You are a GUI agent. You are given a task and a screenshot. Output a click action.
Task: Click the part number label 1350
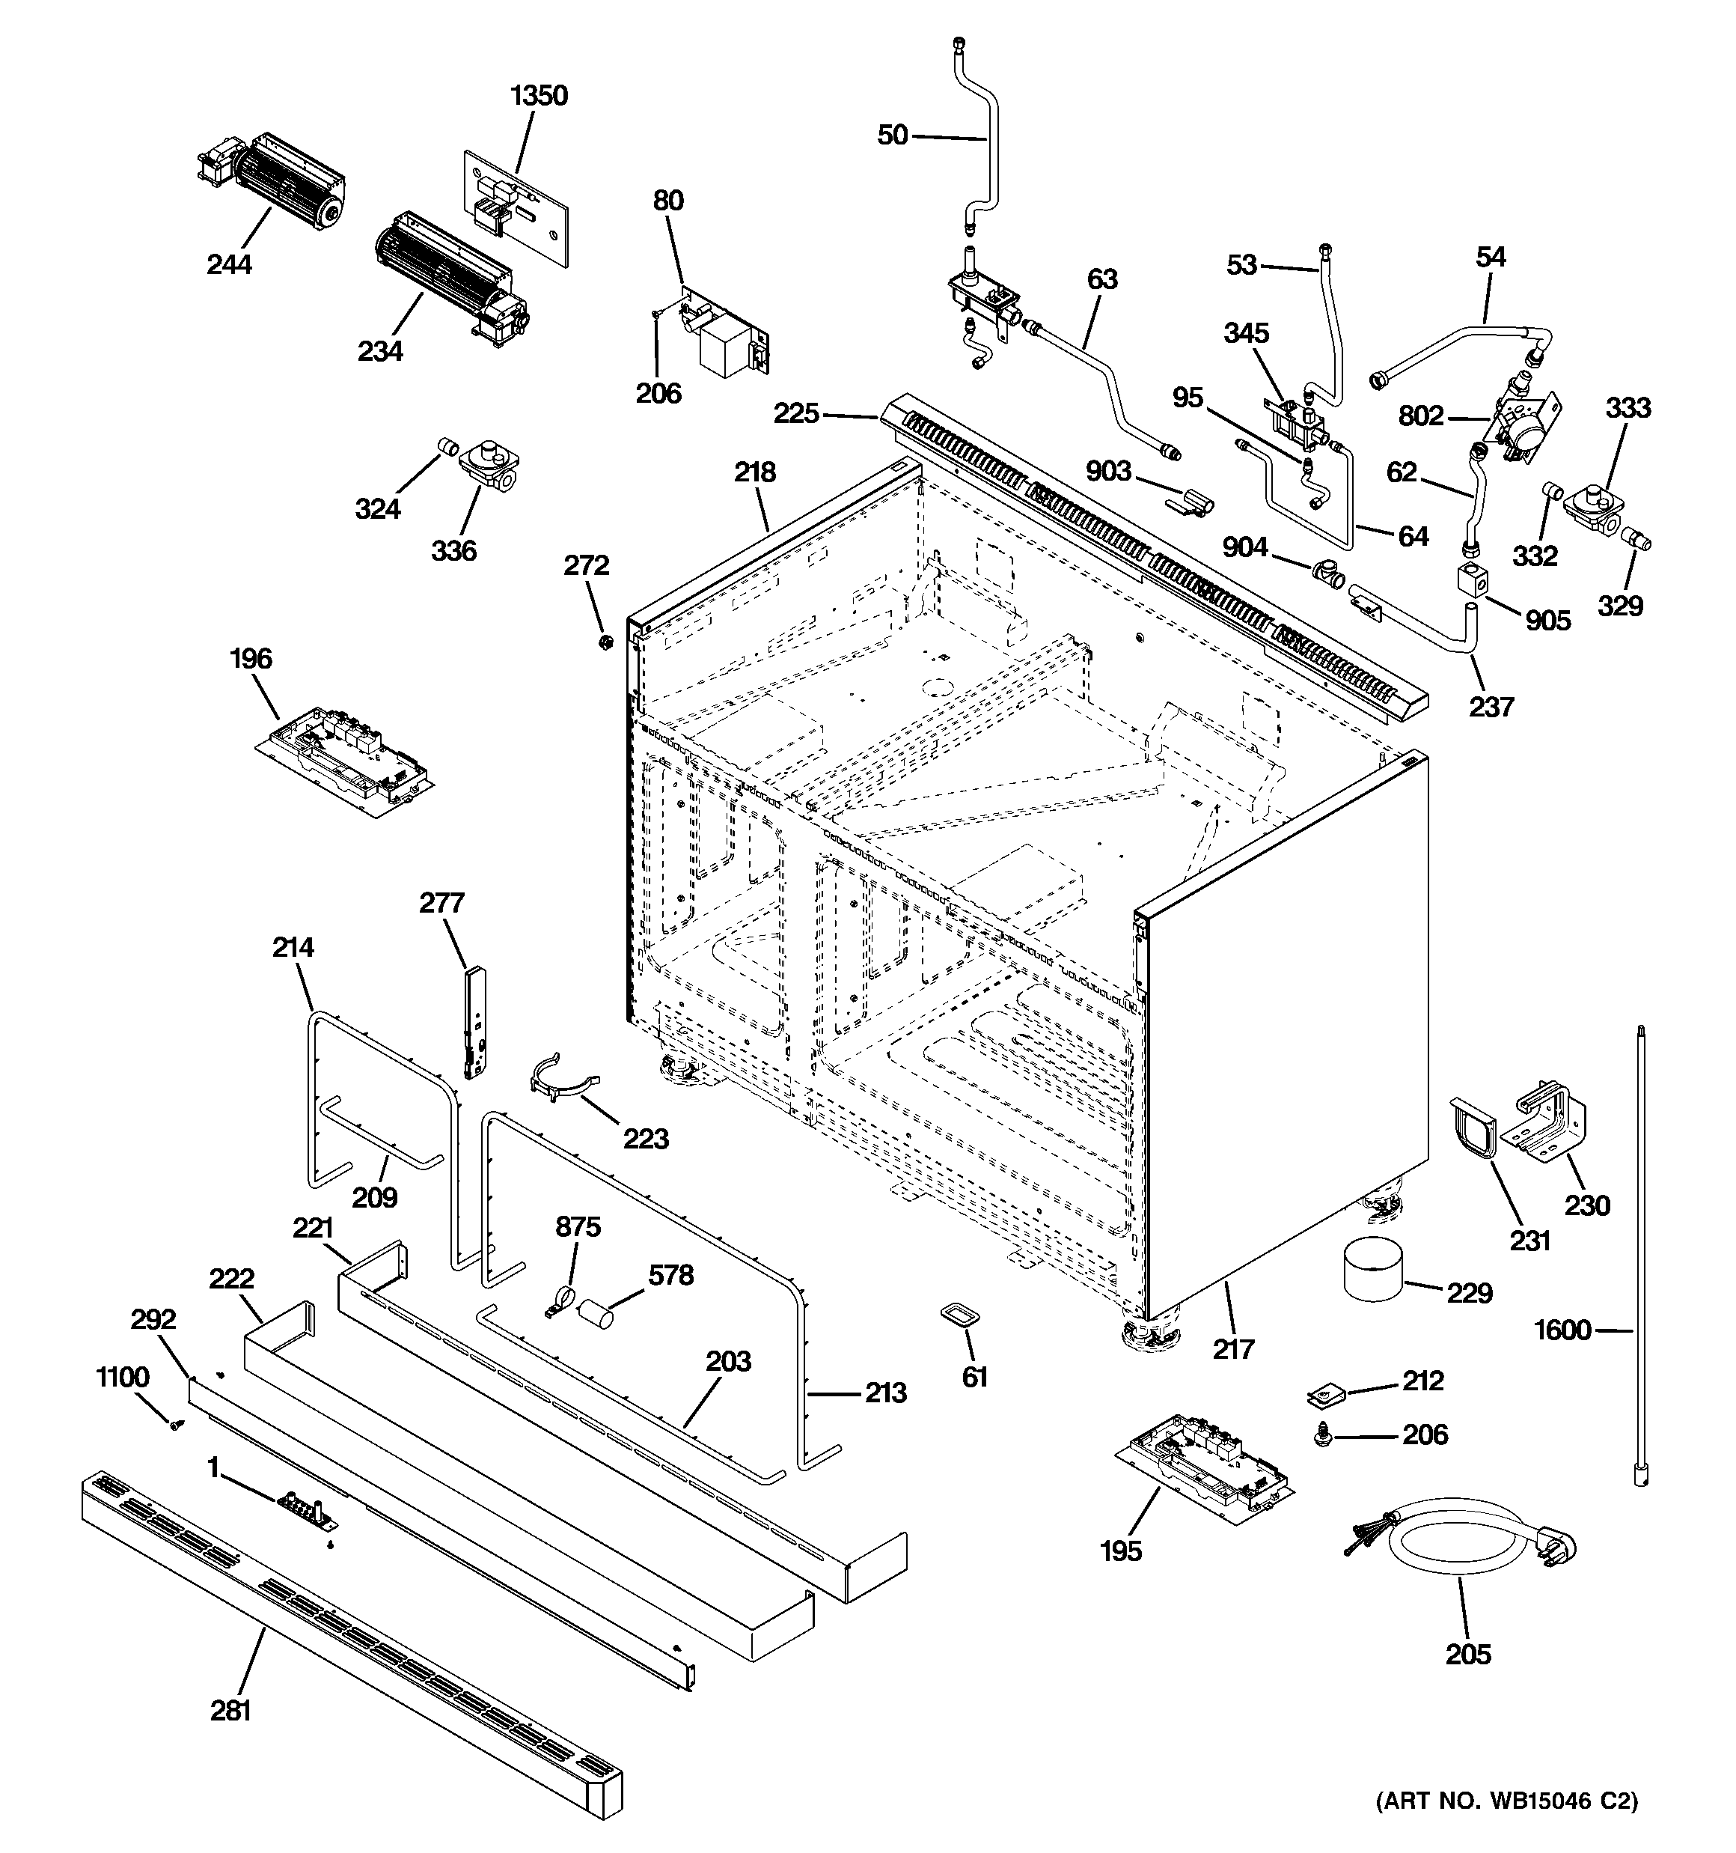tap(539, 96)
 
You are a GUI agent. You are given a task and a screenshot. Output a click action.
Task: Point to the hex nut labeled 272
tap(604, 642)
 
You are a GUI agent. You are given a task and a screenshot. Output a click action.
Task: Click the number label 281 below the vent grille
tap(230, 1711)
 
